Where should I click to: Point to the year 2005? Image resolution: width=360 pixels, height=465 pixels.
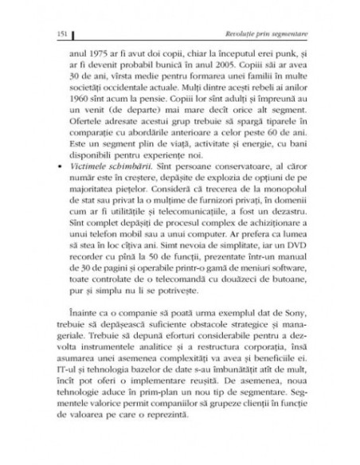[x=227, y=67]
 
